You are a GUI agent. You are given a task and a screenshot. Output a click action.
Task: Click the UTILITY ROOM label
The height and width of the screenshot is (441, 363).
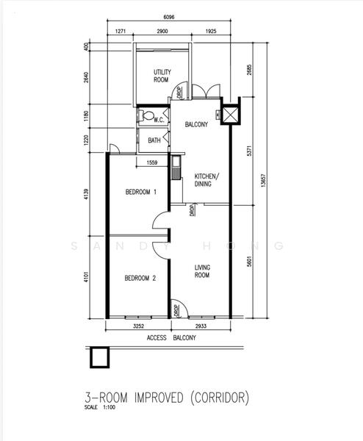pyautogui.click(x=162, y=76)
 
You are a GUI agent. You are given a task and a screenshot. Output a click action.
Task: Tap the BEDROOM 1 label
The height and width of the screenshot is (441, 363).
pyautogui.click(x=141, y=193)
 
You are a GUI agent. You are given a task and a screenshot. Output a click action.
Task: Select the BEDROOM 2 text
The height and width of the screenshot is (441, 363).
pyautogui.click(x=139, y=278)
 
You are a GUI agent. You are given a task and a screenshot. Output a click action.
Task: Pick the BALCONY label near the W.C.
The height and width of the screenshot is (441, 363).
pyautogui.click(x=197, y=125)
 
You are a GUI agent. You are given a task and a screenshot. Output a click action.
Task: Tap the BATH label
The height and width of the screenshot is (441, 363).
pyautogui.click(x=154, y=140)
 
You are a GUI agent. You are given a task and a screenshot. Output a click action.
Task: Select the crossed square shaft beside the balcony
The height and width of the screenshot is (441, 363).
pyautogui.click(x=230, y=115)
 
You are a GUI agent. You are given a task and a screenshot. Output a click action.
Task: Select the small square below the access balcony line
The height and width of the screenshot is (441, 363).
pyautogui.click(x=98, y=358)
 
